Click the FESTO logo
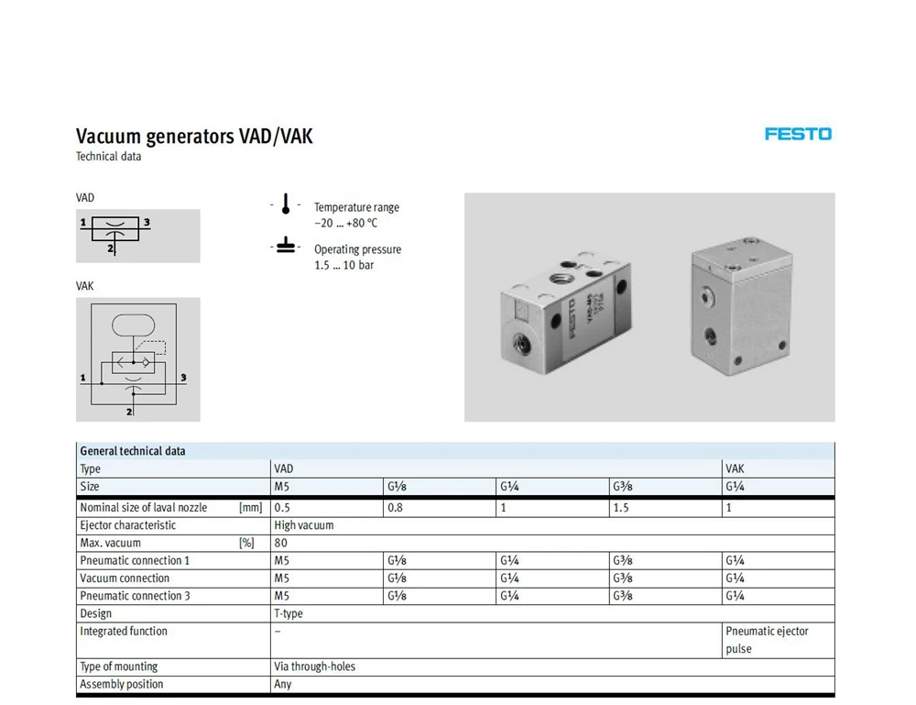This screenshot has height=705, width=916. pos(798,134)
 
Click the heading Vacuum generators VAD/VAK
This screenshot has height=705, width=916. pos(194,137)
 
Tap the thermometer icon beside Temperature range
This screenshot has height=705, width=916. pos(286,204)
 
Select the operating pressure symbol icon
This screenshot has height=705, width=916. pos(286,247)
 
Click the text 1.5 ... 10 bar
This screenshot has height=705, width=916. pos(343,265)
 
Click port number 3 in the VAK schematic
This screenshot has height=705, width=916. pos(184,377)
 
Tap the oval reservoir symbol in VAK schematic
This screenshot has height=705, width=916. pos(136,325)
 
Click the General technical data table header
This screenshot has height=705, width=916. pos(133,451)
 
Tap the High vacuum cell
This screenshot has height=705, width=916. pos(304,525)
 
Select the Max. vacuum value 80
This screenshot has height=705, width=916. pos(280,543)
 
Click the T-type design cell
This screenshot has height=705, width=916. pos(289,613)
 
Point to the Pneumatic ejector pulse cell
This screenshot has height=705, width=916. pos(767,640)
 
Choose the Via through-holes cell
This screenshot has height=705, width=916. pos(314,666)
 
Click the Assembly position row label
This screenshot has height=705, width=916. pos(122,684)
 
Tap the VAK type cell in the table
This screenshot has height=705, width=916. pos(736,468)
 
